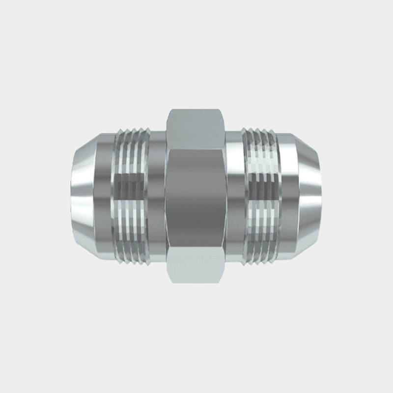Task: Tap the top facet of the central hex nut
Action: (196, 129)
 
